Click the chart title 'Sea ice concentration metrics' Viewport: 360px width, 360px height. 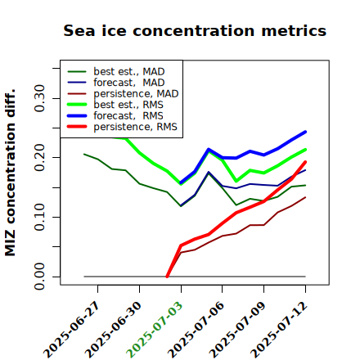point(195,30)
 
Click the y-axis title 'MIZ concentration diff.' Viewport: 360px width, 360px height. point(10,173)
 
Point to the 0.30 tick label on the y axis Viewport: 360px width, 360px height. point(39,98)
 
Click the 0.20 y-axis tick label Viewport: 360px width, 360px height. point(39,158)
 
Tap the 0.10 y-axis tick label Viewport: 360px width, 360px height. point(39,217)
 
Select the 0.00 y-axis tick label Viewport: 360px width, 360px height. point(39,277)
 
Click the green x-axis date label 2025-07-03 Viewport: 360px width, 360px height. point(155,330)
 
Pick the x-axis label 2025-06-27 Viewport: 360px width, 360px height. point(71,330)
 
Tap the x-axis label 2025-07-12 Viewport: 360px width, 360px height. point(279,330)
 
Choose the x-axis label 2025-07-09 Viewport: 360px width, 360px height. point(237,330)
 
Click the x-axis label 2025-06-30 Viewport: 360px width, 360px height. point(113,330)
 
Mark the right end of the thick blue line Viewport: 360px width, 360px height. point(305,132)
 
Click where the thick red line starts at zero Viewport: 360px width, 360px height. point(167,277)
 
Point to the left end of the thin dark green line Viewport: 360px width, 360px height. point(84,154)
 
